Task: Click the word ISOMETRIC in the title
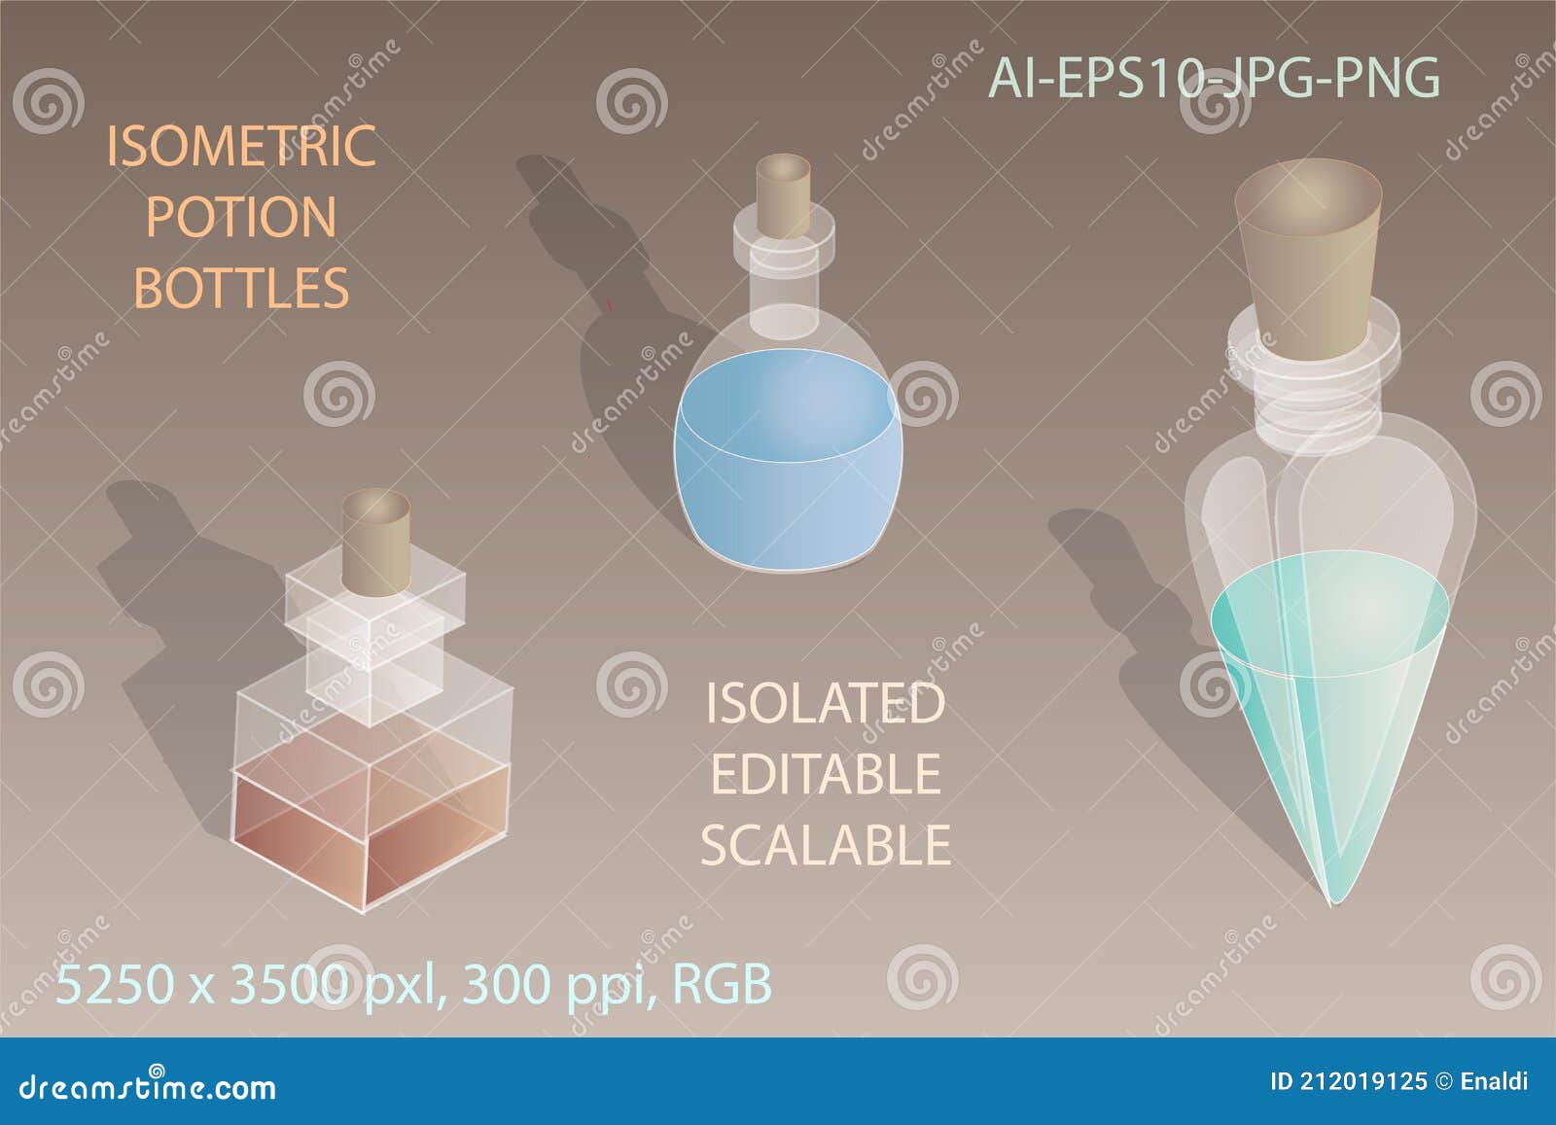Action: coord(240,146)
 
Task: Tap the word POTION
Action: coord(240,217)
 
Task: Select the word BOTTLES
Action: coord(240,288)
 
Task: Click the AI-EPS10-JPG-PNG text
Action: coord(1214,78)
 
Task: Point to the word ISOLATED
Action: coord(825,703)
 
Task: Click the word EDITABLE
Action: coord(825,774)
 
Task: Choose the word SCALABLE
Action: coord(825,845)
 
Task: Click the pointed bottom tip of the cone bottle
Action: coord(1329,898)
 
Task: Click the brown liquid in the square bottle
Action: coord(370,826)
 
